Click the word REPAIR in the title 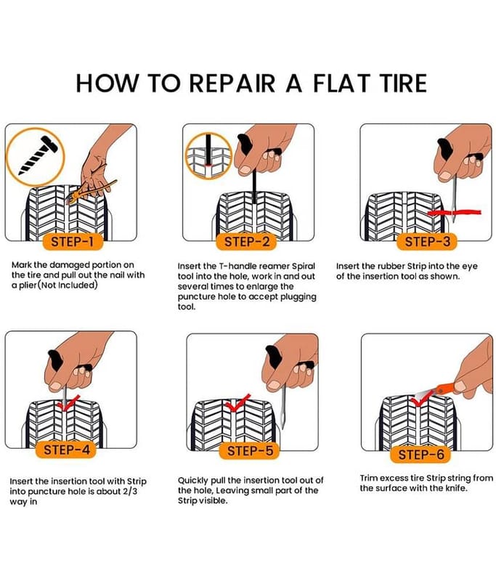coord(232,83)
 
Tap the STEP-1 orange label coord(72,242)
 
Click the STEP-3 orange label coord(427,242)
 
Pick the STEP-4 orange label coord(66,450)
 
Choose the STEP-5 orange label coord(250,451)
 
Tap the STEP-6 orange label coord(420,455)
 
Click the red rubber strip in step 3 coord(454,213)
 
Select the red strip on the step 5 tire coord(237,403)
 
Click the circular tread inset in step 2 coord(208,156)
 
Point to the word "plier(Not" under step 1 coord(38,285)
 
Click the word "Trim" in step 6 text coord(369,478)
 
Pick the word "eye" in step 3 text coord(470,267)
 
